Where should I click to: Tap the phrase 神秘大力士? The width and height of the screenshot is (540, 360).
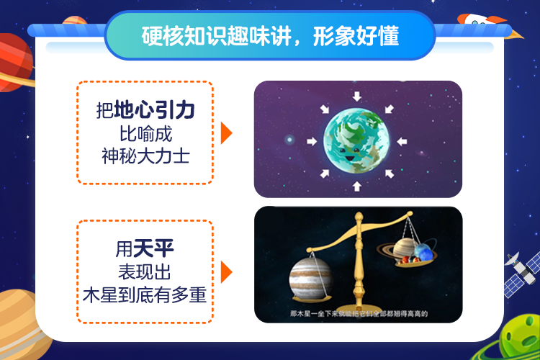145,155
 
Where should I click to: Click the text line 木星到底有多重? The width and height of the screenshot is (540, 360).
145,294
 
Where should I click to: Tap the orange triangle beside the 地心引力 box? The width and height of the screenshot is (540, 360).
226,132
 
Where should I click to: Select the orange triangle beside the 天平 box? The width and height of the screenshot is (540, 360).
226,272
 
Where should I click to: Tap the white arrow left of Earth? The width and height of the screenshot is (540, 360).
311,140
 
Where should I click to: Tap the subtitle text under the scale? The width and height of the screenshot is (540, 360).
358,315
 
